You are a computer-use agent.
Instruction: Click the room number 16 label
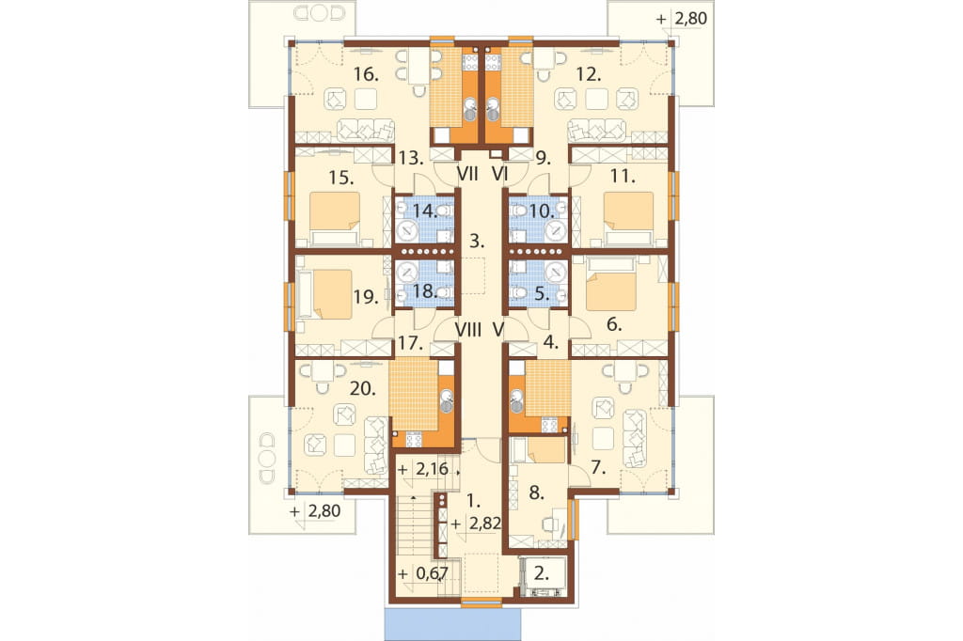[x=366, y=75]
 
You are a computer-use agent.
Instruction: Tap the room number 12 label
[x=589, y=75]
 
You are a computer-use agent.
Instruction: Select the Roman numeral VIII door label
[x=468, y=330]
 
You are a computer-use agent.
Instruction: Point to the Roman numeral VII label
[x=468, y=175]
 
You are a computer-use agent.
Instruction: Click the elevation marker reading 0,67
[x=431, y=573]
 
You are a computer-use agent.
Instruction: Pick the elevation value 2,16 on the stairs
[x=433, y=470]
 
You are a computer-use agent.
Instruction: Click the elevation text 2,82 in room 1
[x=484, y=524]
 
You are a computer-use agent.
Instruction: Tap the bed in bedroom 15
[x=335, y=218]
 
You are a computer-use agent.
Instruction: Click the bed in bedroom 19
[x=324, y=293]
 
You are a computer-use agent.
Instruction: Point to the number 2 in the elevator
[x=541, y=573]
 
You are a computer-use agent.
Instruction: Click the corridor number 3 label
[x=477, y=241]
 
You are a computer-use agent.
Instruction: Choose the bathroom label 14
[x=425, y=211]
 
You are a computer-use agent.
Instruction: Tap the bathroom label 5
[x=541, y=293]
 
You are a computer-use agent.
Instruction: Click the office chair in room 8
[x=550, y=524]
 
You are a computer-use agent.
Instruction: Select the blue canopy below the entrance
[x=452, y=624]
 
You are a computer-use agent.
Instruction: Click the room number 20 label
[x=362, y=389]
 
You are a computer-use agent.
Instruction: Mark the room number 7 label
[x=598, y=468]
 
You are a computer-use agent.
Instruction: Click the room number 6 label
[x=614, y=324]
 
